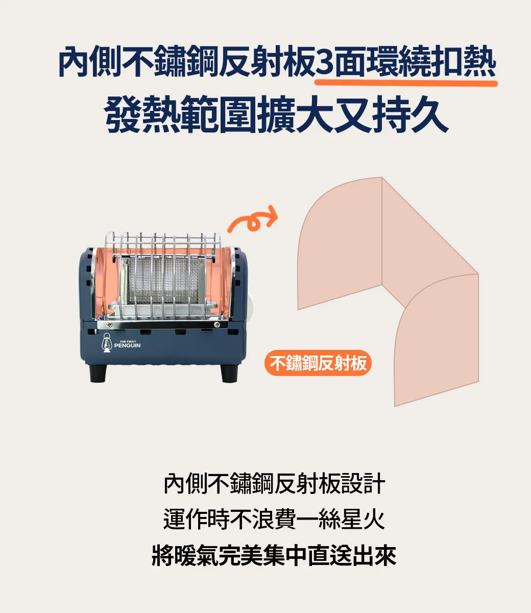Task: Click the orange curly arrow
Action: point(252,220)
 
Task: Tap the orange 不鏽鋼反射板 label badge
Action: point(318,363)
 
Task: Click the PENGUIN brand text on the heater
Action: point(127,345)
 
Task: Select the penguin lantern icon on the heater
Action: point(107,343)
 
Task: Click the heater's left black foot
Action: point(98,373)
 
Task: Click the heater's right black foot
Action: point(229,373)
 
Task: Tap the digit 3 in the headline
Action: point(325,62)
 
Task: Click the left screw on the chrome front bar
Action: point(109,325)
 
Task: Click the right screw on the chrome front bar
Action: point(216,325)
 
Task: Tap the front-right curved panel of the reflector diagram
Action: point(436,341)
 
